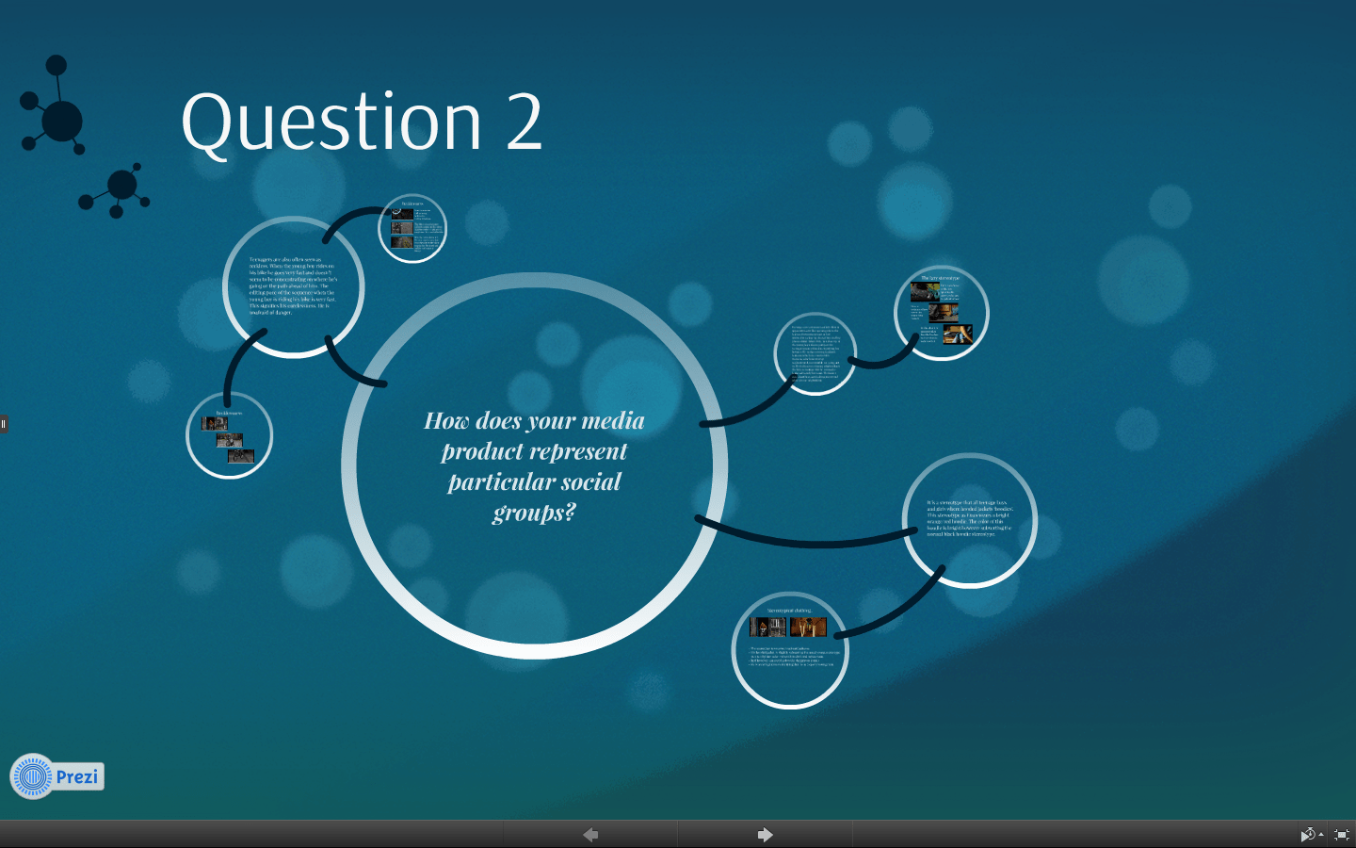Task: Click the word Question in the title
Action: pos(331,122)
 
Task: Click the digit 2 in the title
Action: pos(524,122)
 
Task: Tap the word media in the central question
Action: pos(613,420)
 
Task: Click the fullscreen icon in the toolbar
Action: pos(1342,835)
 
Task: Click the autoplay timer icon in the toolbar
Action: pos(1308,835)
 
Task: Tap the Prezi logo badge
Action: pos(56,776)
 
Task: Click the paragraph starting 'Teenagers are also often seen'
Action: pos(293,285)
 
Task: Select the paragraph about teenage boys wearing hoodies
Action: pos(969,518)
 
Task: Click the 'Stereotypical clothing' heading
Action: pos(789,611)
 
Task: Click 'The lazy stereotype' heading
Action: pos(940,278)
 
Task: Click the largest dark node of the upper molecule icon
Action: pos(62,122)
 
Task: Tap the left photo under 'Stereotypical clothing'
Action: pos(767,627)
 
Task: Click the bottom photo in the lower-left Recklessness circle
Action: pos(241,456)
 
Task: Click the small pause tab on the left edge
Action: pos(4,423)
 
